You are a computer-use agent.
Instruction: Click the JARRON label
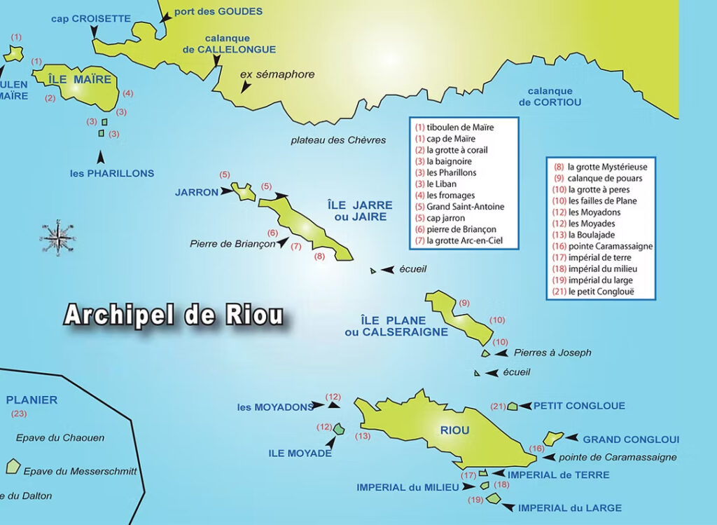(x=197, y=191)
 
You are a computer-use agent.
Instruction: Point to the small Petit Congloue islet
(x=513, y=406)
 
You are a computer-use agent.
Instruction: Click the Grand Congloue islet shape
(x=552, y=438)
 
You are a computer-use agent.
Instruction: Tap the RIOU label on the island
(x=454, y=430)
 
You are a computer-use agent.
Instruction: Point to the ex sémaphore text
(x=277, y=74)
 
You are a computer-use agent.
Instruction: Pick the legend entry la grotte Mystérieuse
(x=607, y=167)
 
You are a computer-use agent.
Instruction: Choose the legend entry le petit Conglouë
(x=601, y=291)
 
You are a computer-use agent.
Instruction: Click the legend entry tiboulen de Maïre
(x=460, y=128)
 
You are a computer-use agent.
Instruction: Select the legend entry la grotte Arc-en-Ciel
(x=464, y=240)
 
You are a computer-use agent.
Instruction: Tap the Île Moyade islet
(x=339, y=428)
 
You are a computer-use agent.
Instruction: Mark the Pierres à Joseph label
(x=552, y=353)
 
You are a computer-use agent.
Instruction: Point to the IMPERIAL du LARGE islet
(x=493, y=498)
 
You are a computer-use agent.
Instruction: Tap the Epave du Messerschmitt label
(x=80, y=471)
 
